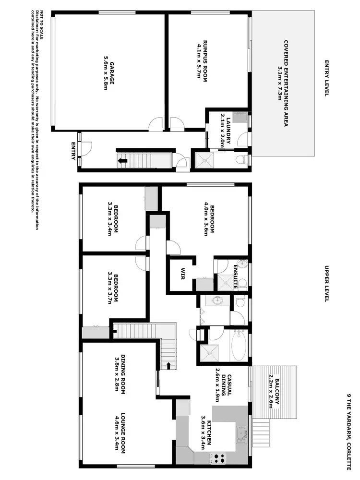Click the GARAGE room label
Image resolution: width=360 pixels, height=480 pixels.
(111, 72)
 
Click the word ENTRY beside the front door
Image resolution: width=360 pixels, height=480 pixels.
(73, 151)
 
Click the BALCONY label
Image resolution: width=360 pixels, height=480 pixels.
(277, 393)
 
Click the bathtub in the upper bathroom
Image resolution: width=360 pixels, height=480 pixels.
(239, 345)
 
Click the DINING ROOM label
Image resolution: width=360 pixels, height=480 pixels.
(123, 373)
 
